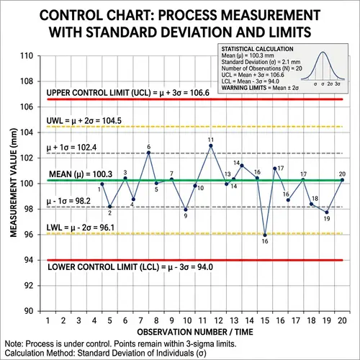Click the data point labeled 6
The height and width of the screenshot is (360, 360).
148,153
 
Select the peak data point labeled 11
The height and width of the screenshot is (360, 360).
210,145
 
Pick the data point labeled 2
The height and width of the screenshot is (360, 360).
109,207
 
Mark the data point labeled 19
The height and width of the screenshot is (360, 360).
327,212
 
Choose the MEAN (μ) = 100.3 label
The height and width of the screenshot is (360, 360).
78,174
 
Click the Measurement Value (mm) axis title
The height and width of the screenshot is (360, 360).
13,183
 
